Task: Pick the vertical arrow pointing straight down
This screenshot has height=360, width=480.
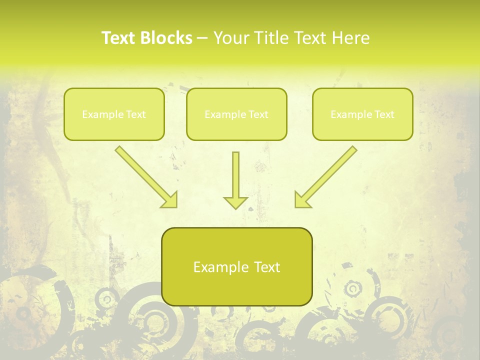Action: [x=235, y=175]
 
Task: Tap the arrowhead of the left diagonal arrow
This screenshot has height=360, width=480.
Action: [x=170, y=200]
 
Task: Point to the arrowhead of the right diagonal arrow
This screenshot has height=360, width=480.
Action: [x=302, y=200]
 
